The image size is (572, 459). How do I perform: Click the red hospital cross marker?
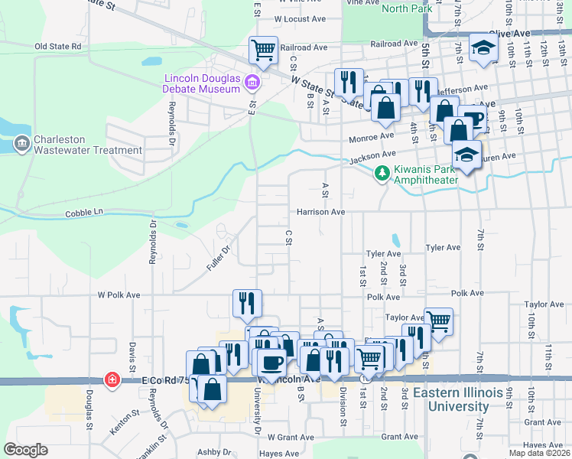(112, 379)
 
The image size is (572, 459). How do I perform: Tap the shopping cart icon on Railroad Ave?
(263, 50)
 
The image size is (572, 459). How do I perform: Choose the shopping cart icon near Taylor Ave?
(438, 321)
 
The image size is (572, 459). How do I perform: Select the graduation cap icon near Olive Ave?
(483, 48)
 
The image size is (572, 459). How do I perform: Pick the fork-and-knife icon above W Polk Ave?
(247, 303)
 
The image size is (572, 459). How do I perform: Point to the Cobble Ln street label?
(84, 213)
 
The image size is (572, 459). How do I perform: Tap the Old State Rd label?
(58, 47)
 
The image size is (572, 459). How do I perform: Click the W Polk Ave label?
(119, 295)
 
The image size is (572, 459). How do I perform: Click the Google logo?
(25, 450)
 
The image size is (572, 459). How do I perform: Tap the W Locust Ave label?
(300, 18)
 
